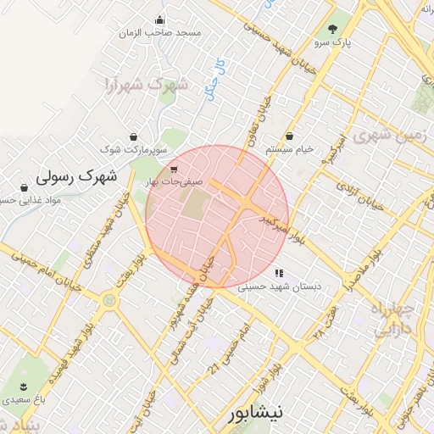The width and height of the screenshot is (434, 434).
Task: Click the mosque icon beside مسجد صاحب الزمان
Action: pos(159,20)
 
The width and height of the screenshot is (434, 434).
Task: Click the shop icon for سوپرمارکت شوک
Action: pos(133,136)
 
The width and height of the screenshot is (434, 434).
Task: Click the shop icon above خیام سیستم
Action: pos(290,136)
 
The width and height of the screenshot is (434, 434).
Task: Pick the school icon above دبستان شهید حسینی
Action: pos(278,273)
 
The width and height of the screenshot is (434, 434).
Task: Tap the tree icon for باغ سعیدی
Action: pos(7,383)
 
